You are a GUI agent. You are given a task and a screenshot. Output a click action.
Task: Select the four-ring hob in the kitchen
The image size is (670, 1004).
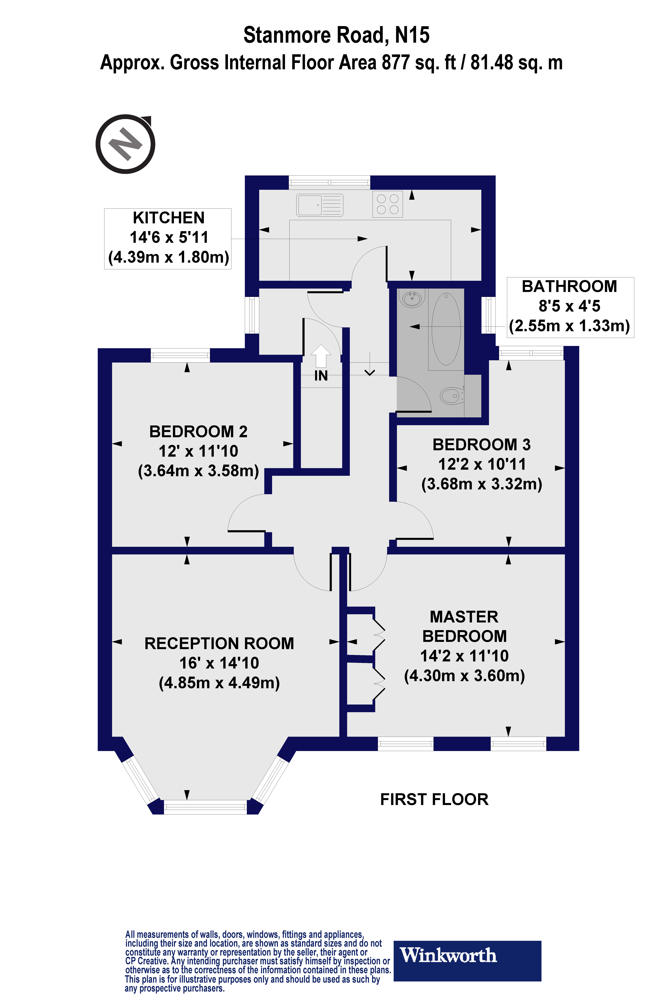pyautogui.click(x=388, y=204)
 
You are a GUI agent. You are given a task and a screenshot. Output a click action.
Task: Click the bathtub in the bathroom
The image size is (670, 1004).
pyautogui.click(x=446, y=329)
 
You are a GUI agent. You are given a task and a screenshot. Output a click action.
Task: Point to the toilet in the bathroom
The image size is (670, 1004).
pyautogui.click(x=452, y=396)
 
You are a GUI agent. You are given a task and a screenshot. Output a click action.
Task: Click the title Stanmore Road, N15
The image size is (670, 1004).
pyautogui.click(x=336, y=35)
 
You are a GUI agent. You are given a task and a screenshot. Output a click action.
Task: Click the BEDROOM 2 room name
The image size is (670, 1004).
pyautogui.click(x=198, y=432)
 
